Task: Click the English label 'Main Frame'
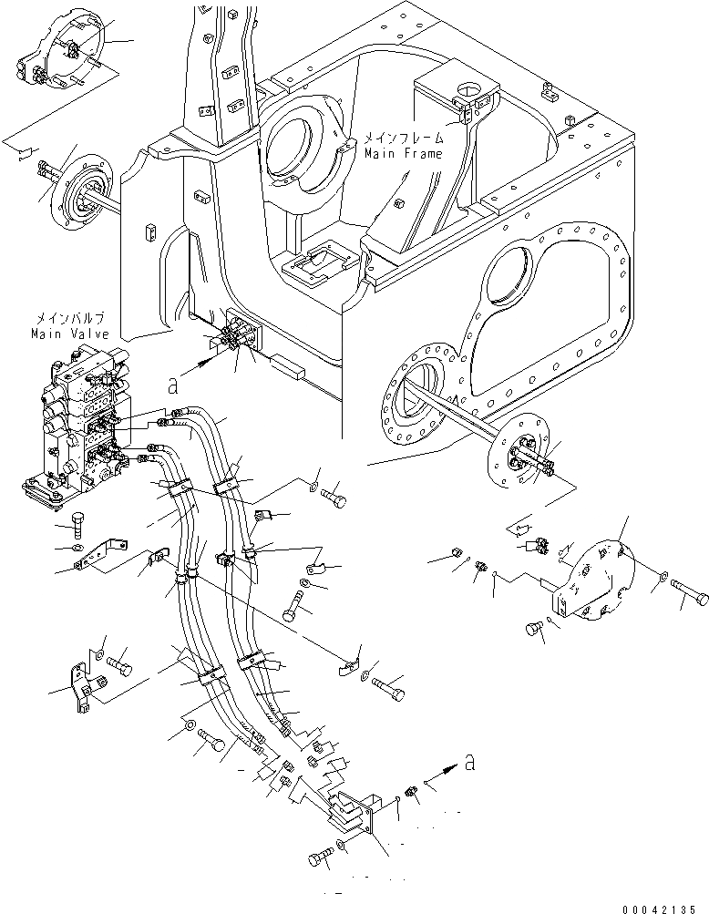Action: tap(403, 154)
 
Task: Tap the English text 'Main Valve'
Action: tap(68, 334)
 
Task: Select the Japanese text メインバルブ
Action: tap(70, 319)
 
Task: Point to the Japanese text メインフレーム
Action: tap(404, 139)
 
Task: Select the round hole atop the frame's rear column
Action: tap(469, 89)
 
